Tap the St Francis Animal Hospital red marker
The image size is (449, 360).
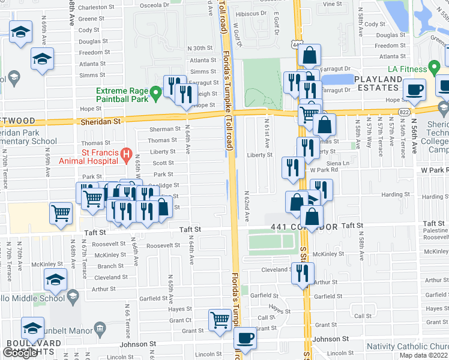[126, 155]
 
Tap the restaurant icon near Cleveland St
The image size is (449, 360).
[303, 273]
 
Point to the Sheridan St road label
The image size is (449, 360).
[101, 121]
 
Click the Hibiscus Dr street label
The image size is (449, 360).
[251, 13]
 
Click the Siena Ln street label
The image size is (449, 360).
[338, 163]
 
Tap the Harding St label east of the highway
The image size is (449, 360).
[396, 194]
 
